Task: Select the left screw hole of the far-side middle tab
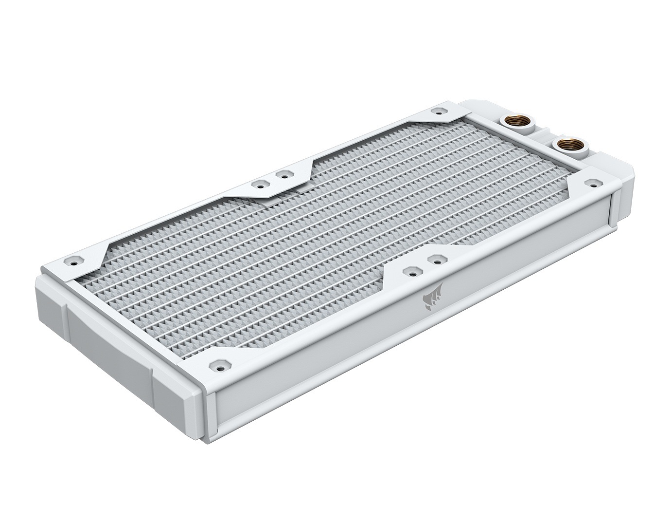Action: point(260,185)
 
